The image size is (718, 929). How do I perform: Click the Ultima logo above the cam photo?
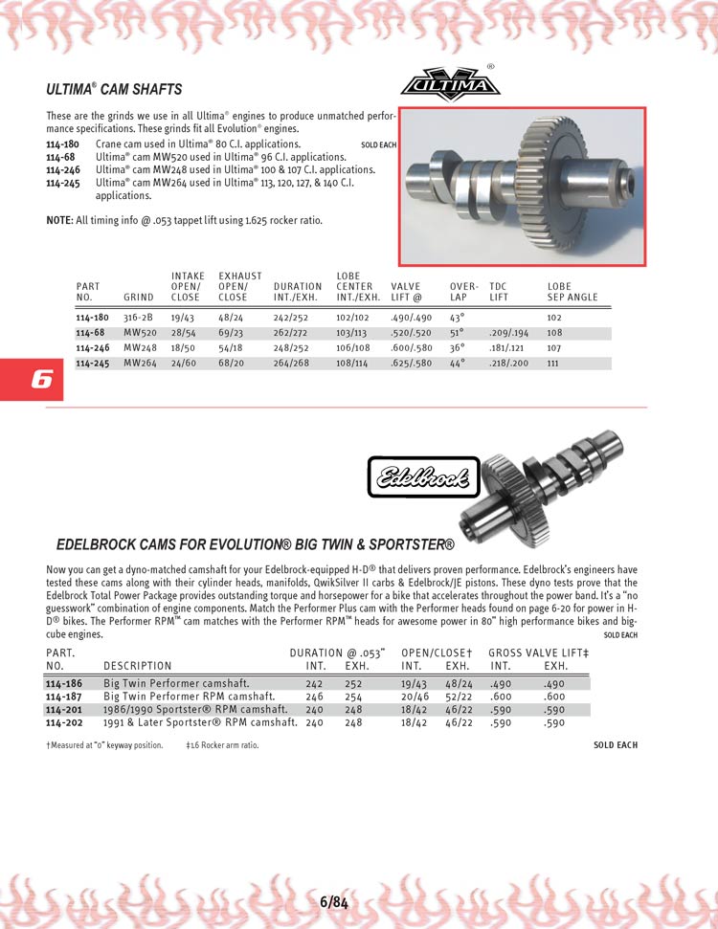[x=450, y=85]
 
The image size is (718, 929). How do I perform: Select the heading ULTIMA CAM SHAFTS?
[x=114, y=90]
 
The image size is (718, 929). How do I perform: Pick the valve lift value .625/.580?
[x=411, y=364]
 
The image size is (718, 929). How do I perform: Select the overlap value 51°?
[x=457, y=333]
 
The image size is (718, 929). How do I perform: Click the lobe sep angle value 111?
[x=553, y=364]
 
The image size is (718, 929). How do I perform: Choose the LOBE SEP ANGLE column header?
[x=572, y=291]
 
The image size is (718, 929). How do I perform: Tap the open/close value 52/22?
[x=458, y=697]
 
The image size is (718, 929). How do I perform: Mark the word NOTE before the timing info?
[x=58, y=220]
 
